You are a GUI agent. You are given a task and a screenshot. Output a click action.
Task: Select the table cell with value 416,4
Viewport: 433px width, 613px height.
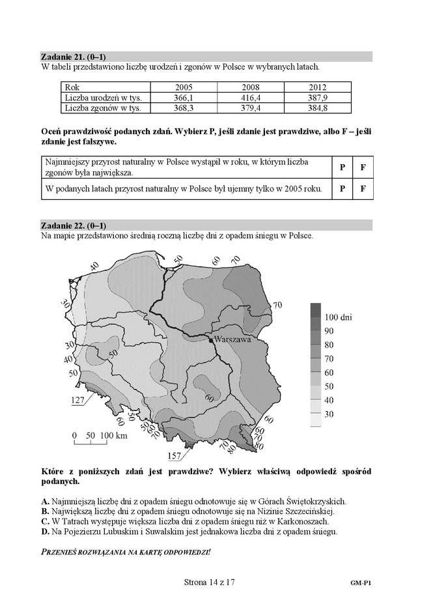tap(251, 97)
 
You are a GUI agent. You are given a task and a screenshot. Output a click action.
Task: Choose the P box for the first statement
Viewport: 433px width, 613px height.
tap(342, 167)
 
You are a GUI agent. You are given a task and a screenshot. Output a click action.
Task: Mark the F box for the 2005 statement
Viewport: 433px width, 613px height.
tap(363, 190)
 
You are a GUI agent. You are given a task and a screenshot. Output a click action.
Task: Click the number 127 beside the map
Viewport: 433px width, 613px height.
tap(78, 401)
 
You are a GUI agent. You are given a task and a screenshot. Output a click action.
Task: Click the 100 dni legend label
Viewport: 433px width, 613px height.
tap(338, 317)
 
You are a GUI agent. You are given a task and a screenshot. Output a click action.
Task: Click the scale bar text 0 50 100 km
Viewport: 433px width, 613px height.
tap(100, 435)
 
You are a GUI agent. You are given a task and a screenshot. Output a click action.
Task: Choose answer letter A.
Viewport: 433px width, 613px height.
tap(44, 502)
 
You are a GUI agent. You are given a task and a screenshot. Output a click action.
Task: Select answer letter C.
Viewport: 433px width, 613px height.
tap(44, 522)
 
